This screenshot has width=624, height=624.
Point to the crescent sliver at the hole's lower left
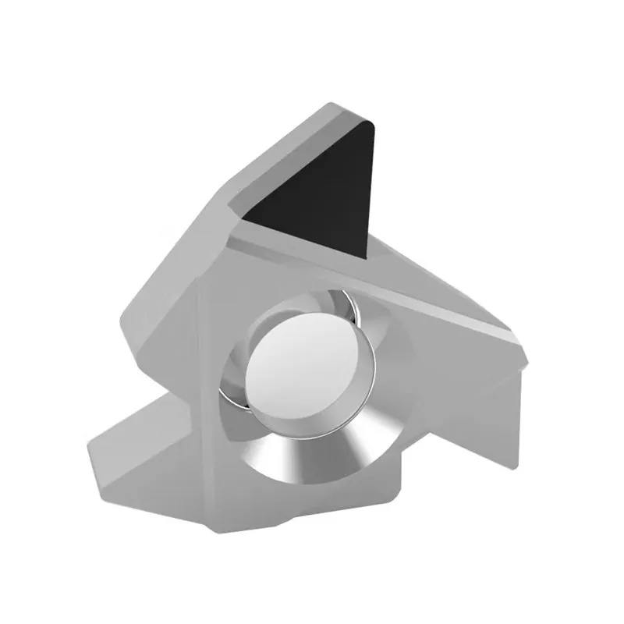234,394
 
